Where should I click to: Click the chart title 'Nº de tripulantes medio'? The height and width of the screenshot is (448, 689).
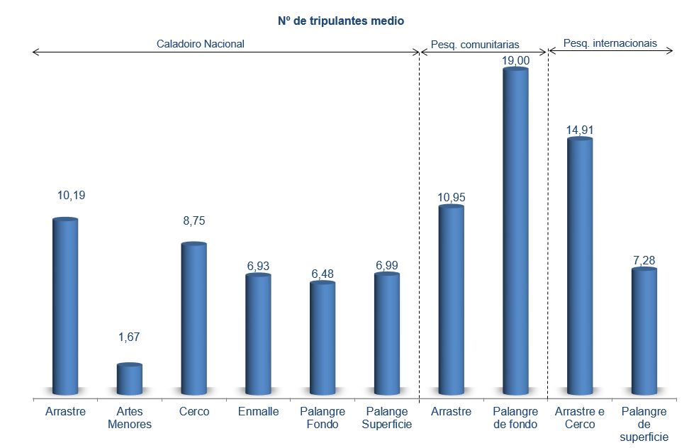[340, 21]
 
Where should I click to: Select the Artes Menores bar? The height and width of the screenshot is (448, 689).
[130, 379]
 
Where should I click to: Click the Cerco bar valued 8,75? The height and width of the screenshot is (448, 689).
[194, 319]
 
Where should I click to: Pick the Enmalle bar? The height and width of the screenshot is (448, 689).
[258, 333]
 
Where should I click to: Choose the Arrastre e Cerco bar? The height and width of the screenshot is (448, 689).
[580, 266]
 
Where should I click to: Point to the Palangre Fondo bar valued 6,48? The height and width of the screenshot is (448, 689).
[323, 337]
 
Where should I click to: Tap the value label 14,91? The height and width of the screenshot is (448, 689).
[581, 129]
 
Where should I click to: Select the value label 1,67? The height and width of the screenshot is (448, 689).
[130, 337]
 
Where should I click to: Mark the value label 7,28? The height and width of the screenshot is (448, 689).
[644, 260]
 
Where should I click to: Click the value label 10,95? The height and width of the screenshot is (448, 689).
[452, 197]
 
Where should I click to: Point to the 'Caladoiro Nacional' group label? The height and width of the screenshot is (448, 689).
[201, 43]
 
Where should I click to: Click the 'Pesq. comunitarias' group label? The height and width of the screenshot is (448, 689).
[475, 45]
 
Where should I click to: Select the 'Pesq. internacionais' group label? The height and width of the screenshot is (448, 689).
[610, 43]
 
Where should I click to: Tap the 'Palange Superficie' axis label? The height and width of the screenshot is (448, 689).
[387, 418]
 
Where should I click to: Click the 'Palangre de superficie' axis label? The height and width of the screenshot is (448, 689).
[644, 424]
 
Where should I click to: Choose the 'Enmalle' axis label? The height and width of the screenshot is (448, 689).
[259, 412]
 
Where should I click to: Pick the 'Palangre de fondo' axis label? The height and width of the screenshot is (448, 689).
[515, 418]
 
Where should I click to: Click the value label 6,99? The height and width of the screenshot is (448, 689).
[387, 265]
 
